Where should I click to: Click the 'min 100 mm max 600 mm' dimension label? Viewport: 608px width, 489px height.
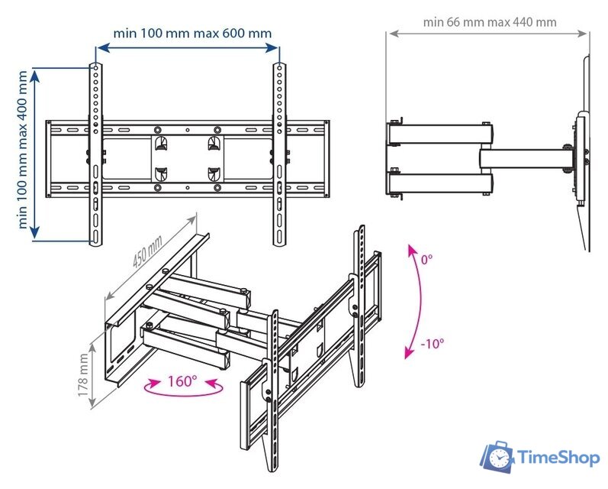click(x=191, y=34)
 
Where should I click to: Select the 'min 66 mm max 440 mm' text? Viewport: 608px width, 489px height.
click(x=489, y=21)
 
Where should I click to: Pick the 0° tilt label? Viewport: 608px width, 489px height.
click(x=426, y=260)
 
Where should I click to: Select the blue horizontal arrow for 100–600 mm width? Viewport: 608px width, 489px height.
click(x=188, y=47)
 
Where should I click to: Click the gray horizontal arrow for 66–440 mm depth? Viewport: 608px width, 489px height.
click(x=488, y=34)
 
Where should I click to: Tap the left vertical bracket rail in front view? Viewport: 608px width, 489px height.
click(x=95, y=153)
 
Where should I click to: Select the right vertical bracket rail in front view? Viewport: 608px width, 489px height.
click(x=280, y=153)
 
